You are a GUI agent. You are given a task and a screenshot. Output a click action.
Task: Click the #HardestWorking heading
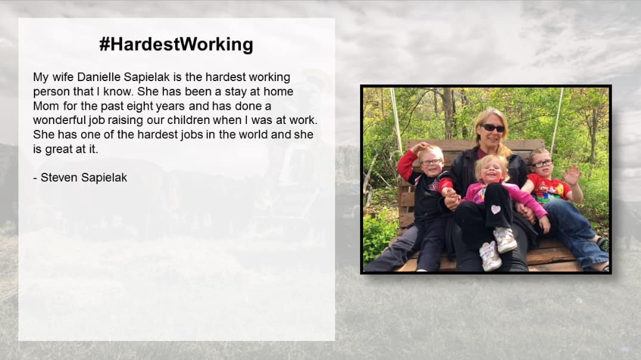[176, 45]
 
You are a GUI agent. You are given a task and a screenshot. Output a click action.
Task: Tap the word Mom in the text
[46, 106]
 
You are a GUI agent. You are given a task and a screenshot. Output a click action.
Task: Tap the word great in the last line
[59, 150]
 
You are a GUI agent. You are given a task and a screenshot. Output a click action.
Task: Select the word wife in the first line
[63, 77]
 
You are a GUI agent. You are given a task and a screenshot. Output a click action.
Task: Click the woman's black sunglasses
[493, 128]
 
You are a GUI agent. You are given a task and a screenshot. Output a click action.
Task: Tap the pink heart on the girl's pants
[496, 209]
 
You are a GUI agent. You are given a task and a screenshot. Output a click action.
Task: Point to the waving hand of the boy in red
[571, 175]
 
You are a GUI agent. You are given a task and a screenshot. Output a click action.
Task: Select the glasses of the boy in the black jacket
[431, 162]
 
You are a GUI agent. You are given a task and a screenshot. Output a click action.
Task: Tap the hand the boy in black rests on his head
[420, 147]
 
